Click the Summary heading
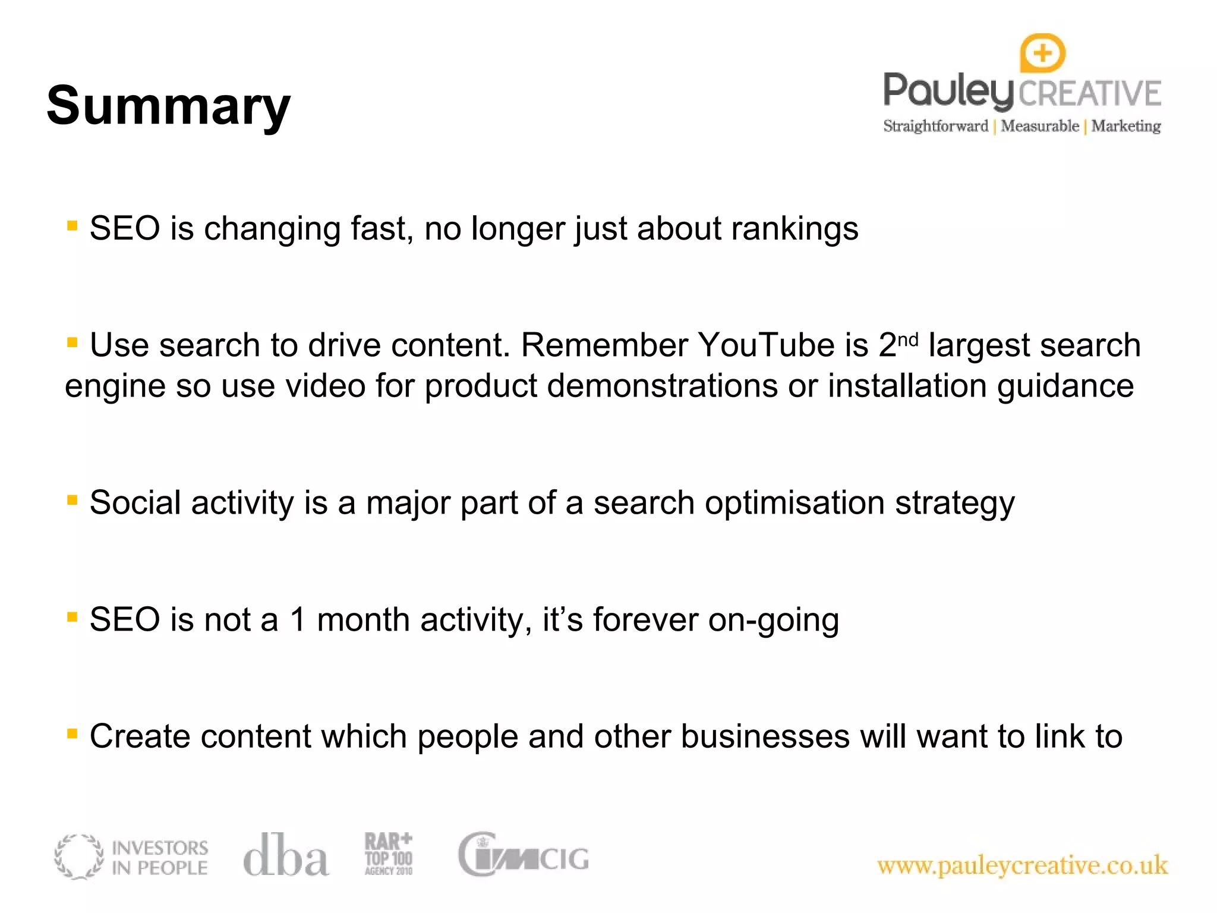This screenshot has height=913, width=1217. pos(168,106)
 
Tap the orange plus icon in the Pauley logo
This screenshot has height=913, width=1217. pos(1042,53)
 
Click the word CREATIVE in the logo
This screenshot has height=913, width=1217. pos(1090,94)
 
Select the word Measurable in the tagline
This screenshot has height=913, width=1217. pos(1039,126)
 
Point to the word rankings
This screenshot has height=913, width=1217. pos(794,229)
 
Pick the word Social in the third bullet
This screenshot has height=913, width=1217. pos(135,503)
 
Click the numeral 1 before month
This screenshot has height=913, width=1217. pos(298,620)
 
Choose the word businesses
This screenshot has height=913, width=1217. pos(765,737)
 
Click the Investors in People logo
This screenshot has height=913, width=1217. pos(131,857)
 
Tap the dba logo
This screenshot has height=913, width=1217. pos(286,855)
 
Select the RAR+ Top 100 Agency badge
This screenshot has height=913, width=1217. pos(388,854)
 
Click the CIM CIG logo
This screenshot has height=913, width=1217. pos(523,855)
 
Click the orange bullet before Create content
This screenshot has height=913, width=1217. pos(72,733)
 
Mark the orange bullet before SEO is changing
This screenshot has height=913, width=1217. pos(72,225)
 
